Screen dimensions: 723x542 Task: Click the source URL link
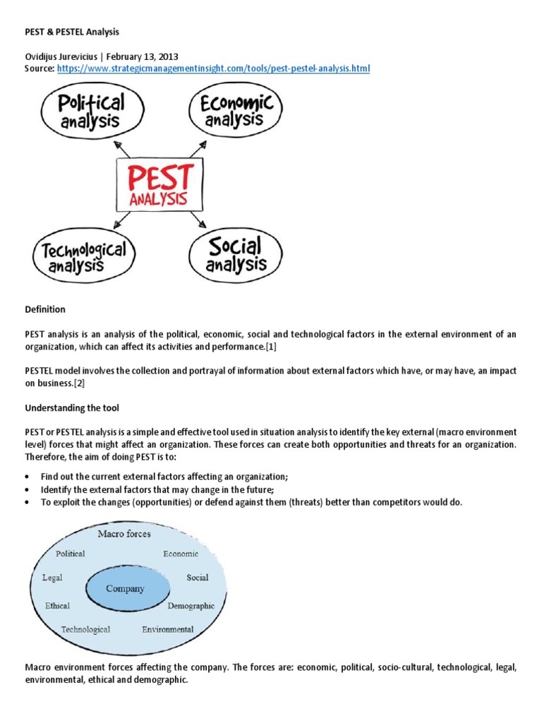click(213, 68)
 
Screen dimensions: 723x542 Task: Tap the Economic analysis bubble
click(236, 112)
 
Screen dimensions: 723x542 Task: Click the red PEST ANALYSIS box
click(158, 183)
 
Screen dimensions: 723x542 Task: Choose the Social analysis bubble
click(236, 255)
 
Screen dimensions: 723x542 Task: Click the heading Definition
click(45, 309)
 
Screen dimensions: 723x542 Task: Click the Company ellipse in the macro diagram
click(126, 588)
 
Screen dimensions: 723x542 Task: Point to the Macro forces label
click(124, 534)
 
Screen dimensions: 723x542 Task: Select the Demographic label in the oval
click(191, 606)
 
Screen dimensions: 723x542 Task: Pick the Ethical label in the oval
click(57, 606)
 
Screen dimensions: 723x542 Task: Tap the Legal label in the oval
click(52, 578)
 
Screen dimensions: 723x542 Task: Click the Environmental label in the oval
click(167, 629)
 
